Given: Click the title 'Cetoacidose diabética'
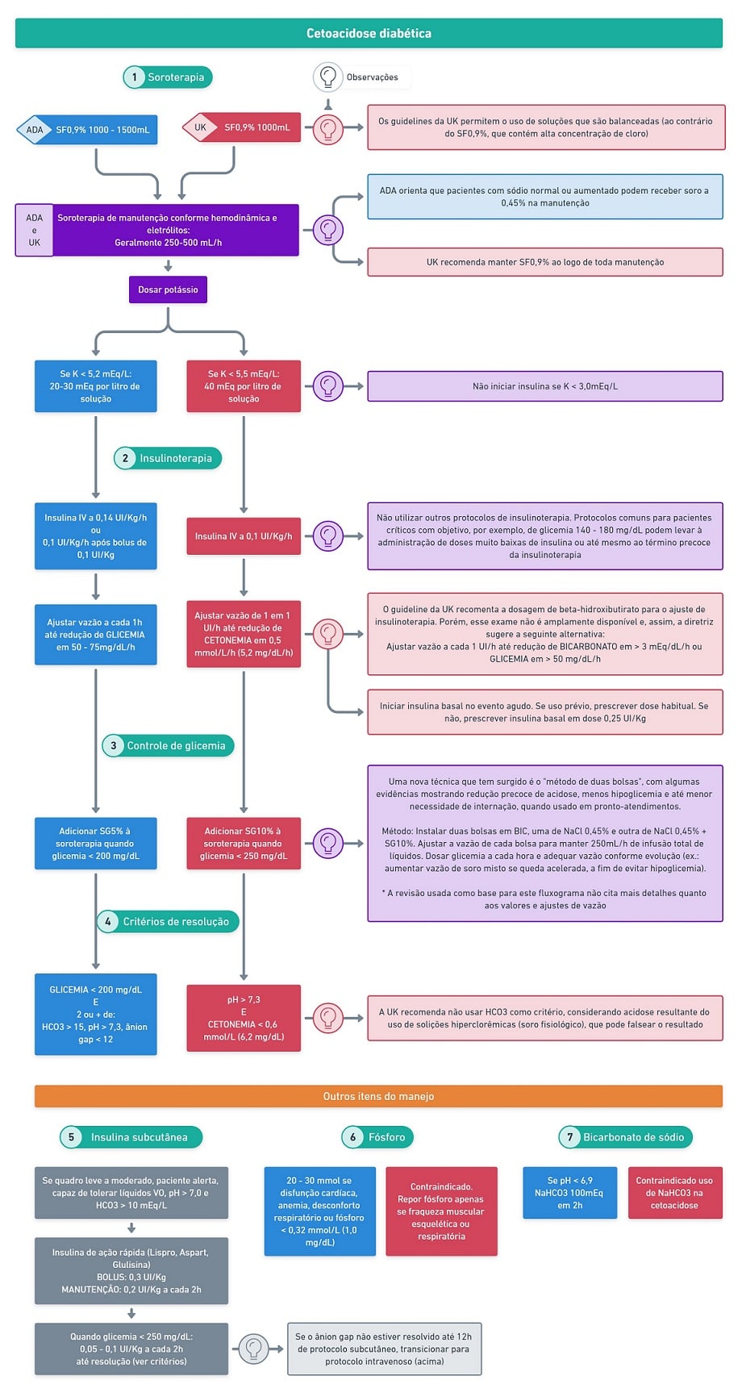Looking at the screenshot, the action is point(369,33).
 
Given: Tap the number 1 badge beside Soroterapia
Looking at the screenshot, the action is point(134,77).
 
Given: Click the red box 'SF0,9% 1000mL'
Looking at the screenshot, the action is point(241,127).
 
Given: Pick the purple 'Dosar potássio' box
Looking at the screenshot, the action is point(168,290).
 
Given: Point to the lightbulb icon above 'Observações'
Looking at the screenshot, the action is point(327,77).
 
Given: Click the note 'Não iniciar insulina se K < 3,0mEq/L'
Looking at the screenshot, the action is point(545,386).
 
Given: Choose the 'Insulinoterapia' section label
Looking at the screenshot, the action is point(176,458).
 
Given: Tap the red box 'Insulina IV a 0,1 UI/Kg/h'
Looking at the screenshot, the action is point(244,536).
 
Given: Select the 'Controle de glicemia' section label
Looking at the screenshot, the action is point(176,745).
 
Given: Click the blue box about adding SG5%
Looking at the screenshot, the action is point(96,844).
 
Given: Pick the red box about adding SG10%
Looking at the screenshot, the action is point(244,844).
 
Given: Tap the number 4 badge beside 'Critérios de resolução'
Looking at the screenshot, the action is point(107,921).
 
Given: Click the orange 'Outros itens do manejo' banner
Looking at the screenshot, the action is point(378,1096).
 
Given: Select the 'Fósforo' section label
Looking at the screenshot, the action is point(387,1137).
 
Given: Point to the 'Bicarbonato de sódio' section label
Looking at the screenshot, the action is point(634,1137).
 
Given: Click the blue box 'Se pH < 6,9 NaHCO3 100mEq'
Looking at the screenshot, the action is point(569,1193).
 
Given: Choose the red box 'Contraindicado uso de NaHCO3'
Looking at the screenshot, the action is point(675,1193).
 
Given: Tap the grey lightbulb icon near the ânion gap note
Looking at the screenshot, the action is point(253,1349).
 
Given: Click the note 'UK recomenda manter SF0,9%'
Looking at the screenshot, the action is point(545,262).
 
